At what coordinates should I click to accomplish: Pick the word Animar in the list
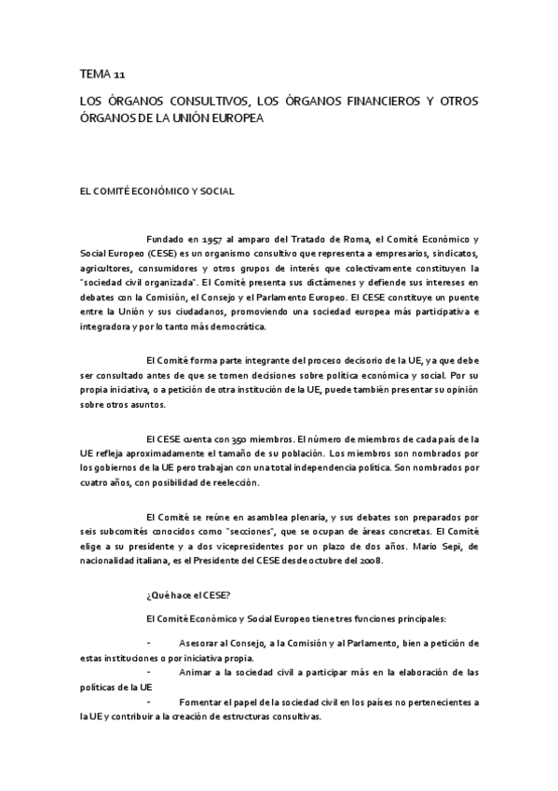click(198, 672)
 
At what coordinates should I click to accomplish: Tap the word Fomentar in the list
click(205, 701)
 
